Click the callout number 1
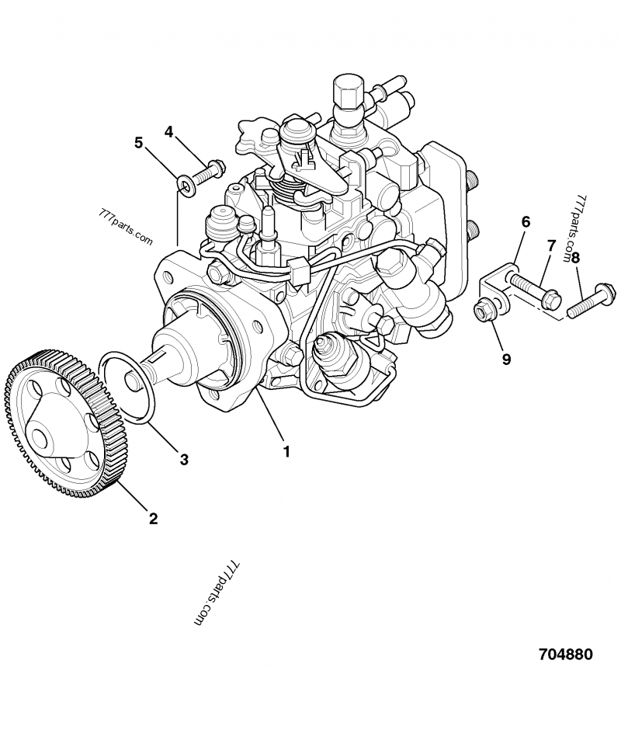point(286,450)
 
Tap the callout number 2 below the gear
point(153,518)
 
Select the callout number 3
point(184,459)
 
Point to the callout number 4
point(168,132)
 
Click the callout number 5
point(139,143)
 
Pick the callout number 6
point(526,222)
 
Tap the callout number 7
point(551,246)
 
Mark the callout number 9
point(505,359)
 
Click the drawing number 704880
point(565,654)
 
